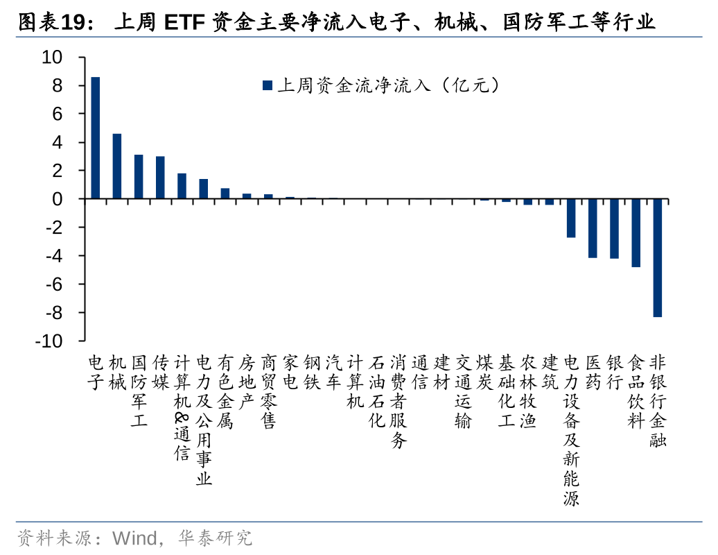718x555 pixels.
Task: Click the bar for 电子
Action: [96, 138]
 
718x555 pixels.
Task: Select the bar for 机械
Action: [117, 166]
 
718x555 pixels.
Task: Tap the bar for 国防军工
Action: [139, 177]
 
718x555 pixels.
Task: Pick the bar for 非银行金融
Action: [657, 258]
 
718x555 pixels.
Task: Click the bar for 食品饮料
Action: [636, 233]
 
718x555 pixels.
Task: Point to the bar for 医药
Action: [593, 228]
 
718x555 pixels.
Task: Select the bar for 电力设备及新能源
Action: [571, 219]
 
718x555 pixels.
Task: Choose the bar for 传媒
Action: [160, 178]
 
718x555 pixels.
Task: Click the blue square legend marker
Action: [267, 86]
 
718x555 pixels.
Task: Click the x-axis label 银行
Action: [614, 373]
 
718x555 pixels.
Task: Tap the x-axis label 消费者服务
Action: [398, 402]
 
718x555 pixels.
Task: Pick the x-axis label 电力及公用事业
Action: [204, 420]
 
